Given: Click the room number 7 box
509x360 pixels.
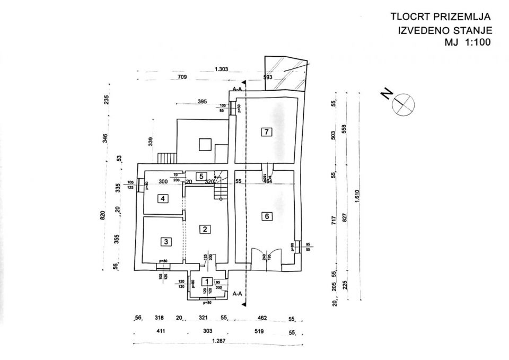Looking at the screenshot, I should [267, 132].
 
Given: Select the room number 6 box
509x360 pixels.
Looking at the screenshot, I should [267, 216].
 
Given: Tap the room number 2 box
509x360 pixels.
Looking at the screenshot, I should [204, 229].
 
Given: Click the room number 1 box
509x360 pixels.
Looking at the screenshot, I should [207, 282].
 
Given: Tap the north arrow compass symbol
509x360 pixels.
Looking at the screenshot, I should [401, 103].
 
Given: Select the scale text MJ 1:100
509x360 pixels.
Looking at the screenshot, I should [468, 41].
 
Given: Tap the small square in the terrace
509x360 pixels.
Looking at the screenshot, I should [203, 145].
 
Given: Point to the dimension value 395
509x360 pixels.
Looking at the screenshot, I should [201, 101].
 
